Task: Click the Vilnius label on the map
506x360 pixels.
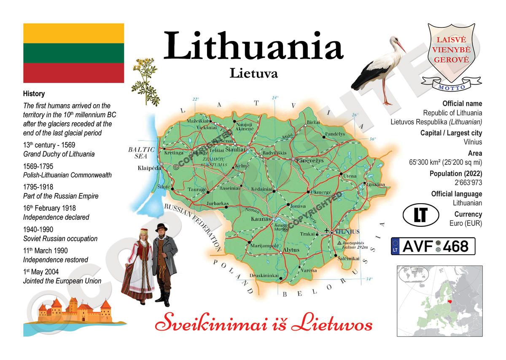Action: pyautogui.click(x=348, y=232)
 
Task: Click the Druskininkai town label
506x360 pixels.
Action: pyautogui.click(x=264, y=276)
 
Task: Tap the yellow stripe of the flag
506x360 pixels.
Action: pyautogui.click(x=73, y=33)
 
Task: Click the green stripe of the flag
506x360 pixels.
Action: pyautogui.click(x=73, y=53)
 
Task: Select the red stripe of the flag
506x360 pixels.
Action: pyautogui.click(x=73, y=73)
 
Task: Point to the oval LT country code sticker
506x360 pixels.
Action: pyautogui.click(x=420, y=215)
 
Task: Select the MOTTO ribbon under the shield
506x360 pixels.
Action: pyautogui.click(x=452, y=87)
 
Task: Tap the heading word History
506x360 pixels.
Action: pyautogui.click(x=34, y=94)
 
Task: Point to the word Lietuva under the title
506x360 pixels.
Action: pyautogui.click(x=253, y=73)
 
